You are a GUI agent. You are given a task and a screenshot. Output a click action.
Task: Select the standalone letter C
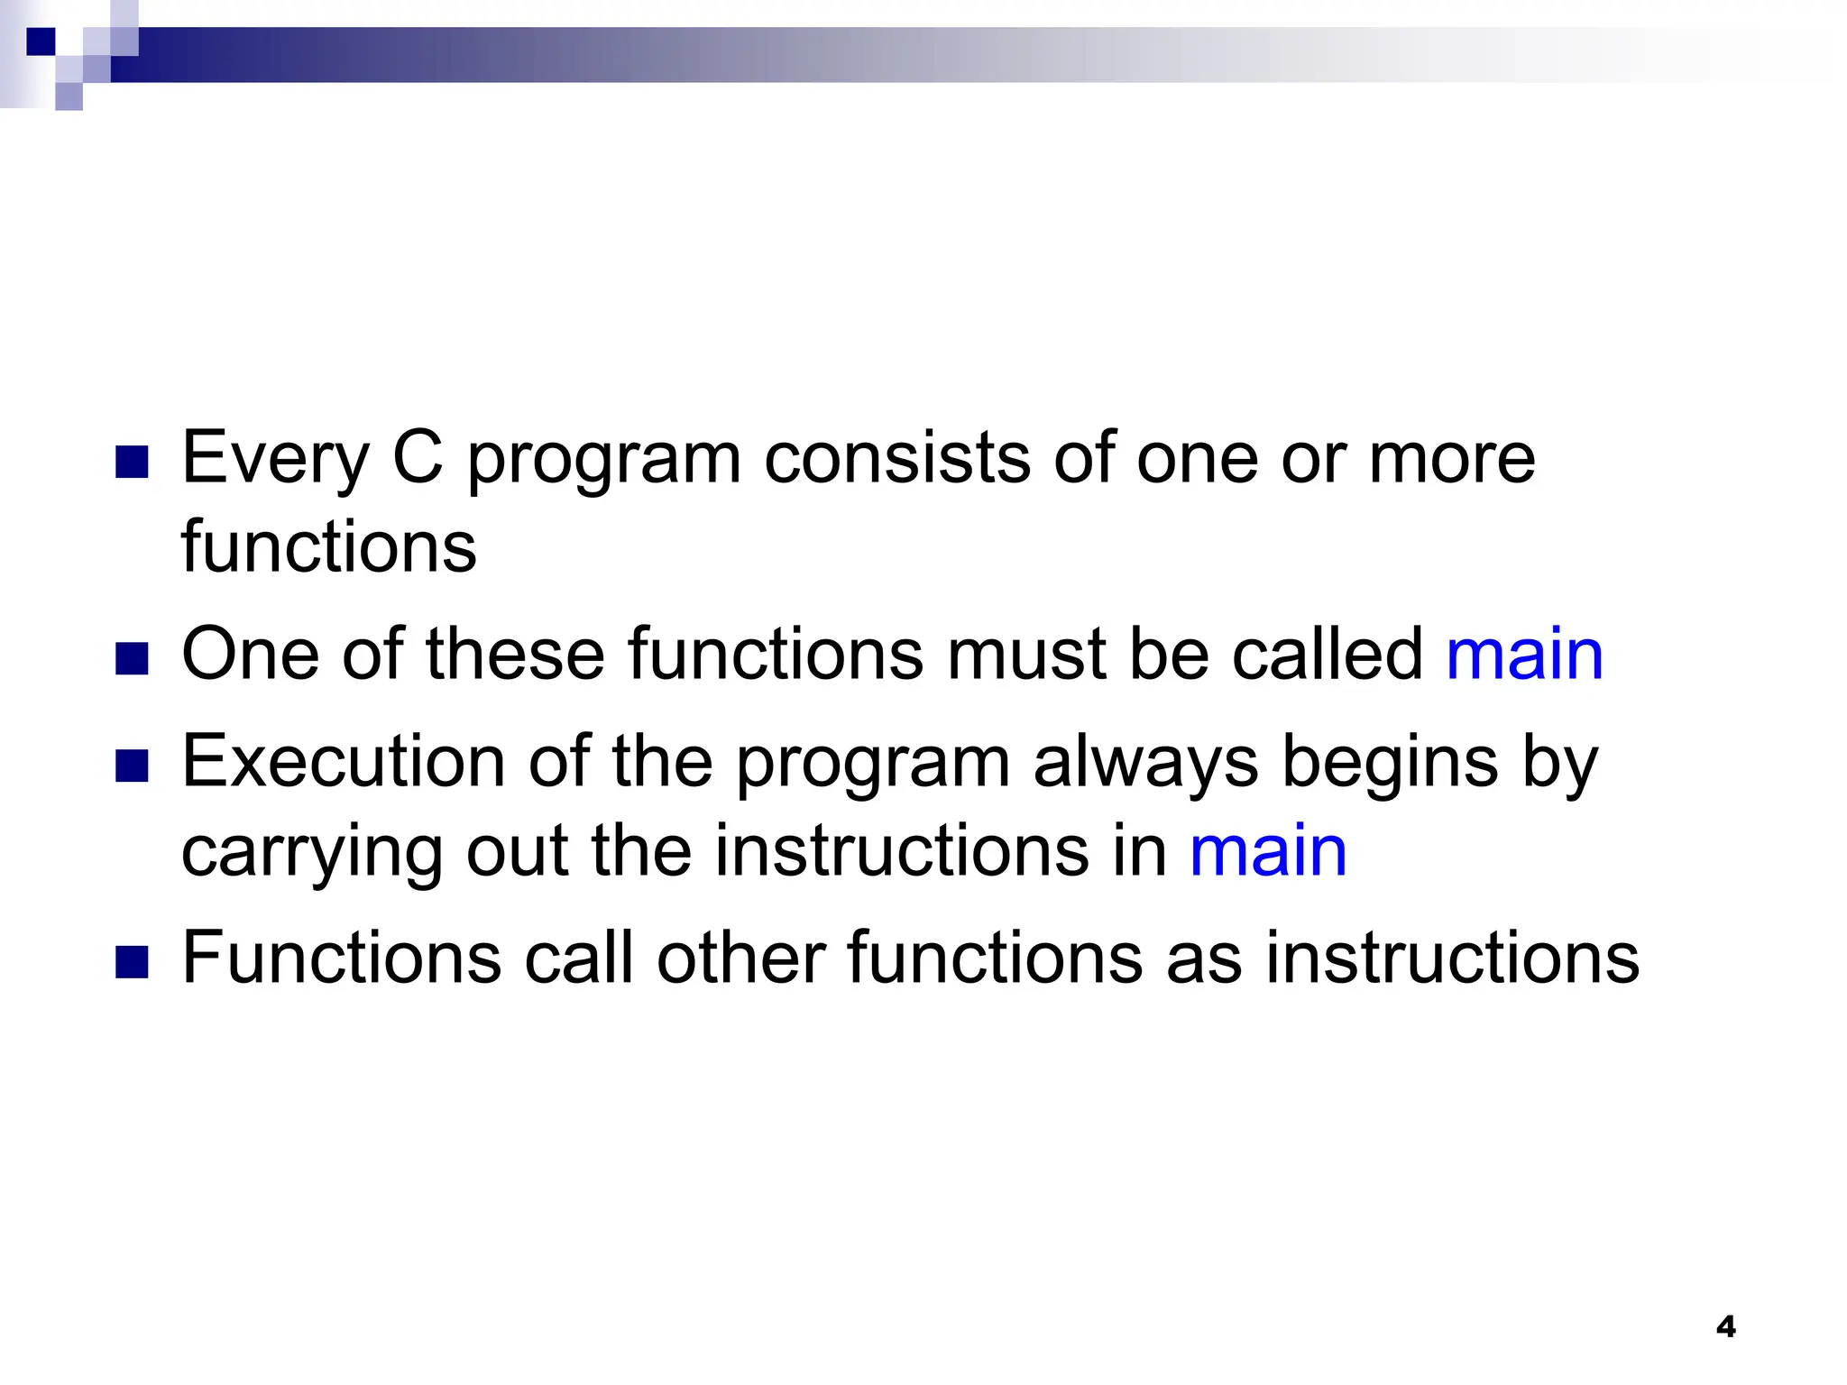(x=418, y=458)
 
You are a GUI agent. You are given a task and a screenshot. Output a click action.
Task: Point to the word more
(x=1451, y=458)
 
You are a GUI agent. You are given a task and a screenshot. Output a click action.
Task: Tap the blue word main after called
(x=1524, y=654)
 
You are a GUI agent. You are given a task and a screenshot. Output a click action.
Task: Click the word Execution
(x=343, y=762)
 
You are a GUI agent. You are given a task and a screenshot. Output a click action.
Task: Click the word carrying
(x=312, y=852)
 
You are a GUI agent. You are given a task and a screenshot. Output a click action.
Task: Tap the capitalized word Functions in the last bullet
(x=342, y=958)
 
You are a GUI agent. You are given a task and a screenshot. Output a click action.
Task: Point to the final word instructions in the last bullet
(x=1452, y=958)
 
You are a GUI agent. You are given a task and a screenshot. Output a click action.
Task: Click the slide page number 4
(x=1725, y=1326)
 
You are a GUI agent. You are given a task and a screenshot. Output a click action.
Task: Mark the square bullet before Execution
(x=132, y=767)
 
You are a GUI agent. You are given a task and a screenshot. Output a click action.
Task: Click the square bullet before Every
(x=132, y=463)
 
